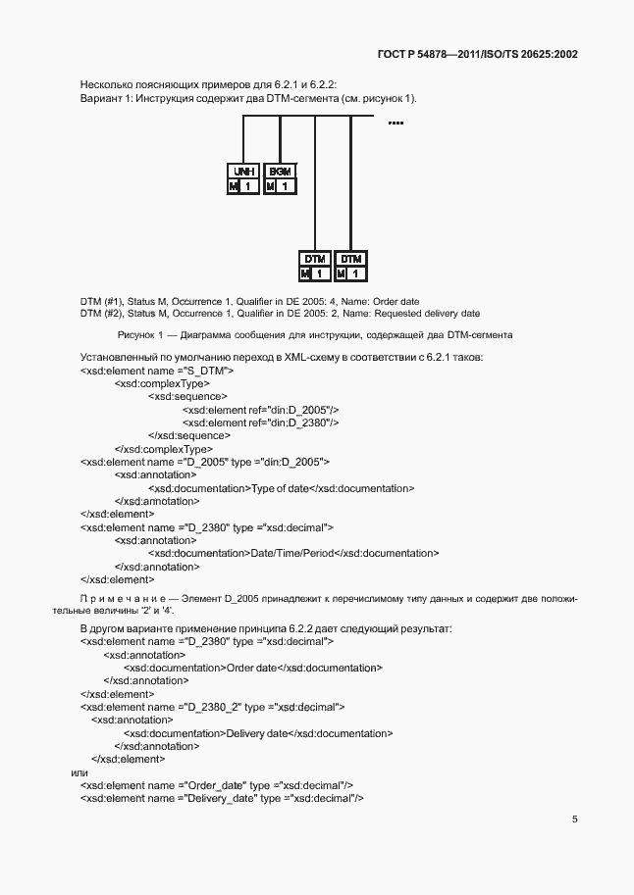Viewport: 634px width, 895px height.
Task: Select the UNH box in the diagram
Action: [243, 171]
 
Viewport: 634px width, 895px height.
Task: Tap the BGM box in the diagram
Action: [280, 171]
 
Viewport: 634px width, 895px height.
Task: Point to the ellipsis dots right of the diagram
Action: [396, 123]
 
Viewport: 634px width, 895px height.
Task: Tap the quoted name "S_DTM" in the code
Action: [205, 372]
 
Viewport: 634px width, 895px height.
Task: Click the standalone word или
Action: [80, 772]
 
